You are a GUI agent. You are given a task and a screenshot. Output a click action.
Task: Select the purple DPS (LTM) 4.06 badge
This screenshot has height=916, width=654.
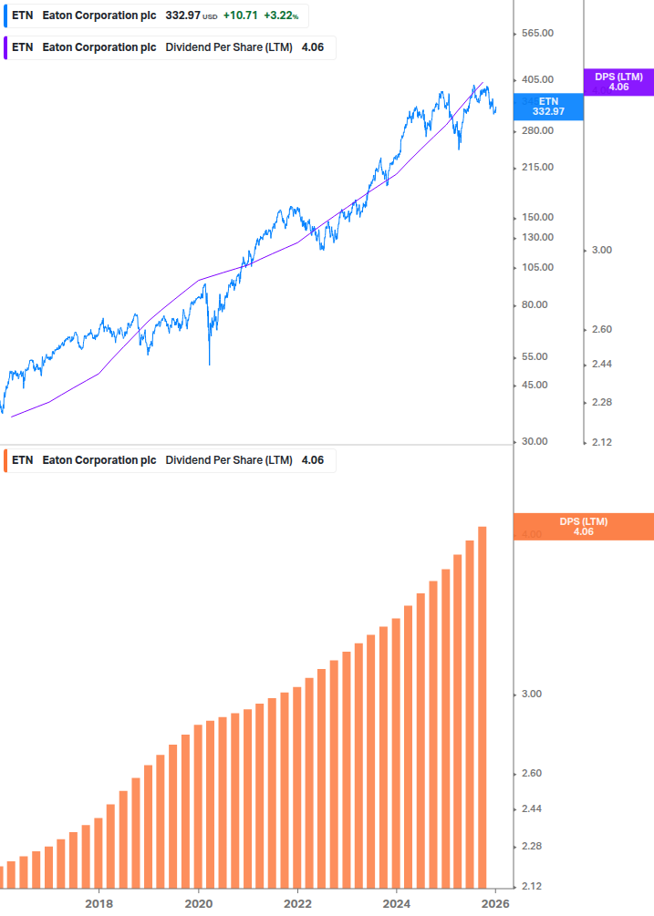[618, 82]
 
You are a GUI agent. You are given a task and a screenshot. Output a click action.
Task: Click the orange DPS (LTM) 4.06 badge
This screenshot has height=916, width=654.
[584, 527]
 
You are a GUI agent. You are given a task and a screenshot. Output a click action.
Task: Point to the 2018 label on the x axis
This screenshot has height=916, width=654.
[99, 904]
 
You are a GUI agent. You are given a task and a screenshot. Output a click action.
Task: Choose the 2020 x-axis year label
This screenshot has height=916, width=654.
[198, 904]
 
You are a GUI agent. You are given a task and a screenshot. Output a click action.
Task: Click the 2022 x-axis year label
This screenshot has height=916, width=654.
[297, 904]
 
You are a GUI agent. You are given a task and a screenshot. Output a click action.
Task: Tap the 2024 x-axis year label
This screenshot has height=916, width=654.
[397, 904]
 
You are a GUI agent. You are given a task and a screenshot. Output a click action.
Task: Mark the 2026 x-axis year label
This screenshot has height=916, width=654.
[495, 904]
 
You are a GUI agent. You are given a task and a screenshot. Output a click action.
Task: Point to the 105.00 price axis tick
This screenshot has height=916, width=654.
[536, 267]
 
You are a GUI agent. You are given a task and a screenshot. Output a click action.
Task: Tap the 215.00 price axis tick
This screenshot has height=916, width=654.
[536, 168]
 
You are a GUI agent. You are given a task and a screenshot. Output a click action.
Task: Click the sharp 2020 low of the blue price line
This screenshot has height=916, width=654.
[209, 364]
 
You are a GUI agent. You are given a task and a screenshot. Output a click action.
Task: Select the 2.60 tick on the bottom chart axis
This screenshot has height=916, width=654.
[532, 774]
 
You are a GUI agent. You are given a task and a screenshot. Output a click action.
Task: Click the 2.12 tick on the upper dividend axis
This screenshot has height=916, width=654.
[600, 442]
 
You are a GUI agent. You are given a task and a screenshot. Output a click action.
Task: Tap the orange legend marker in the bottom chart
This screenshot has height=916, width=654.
[5, 460]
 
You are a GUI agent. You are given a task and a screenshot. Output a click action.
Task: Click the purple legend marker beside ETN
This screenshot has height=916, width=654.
[5, 48]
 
